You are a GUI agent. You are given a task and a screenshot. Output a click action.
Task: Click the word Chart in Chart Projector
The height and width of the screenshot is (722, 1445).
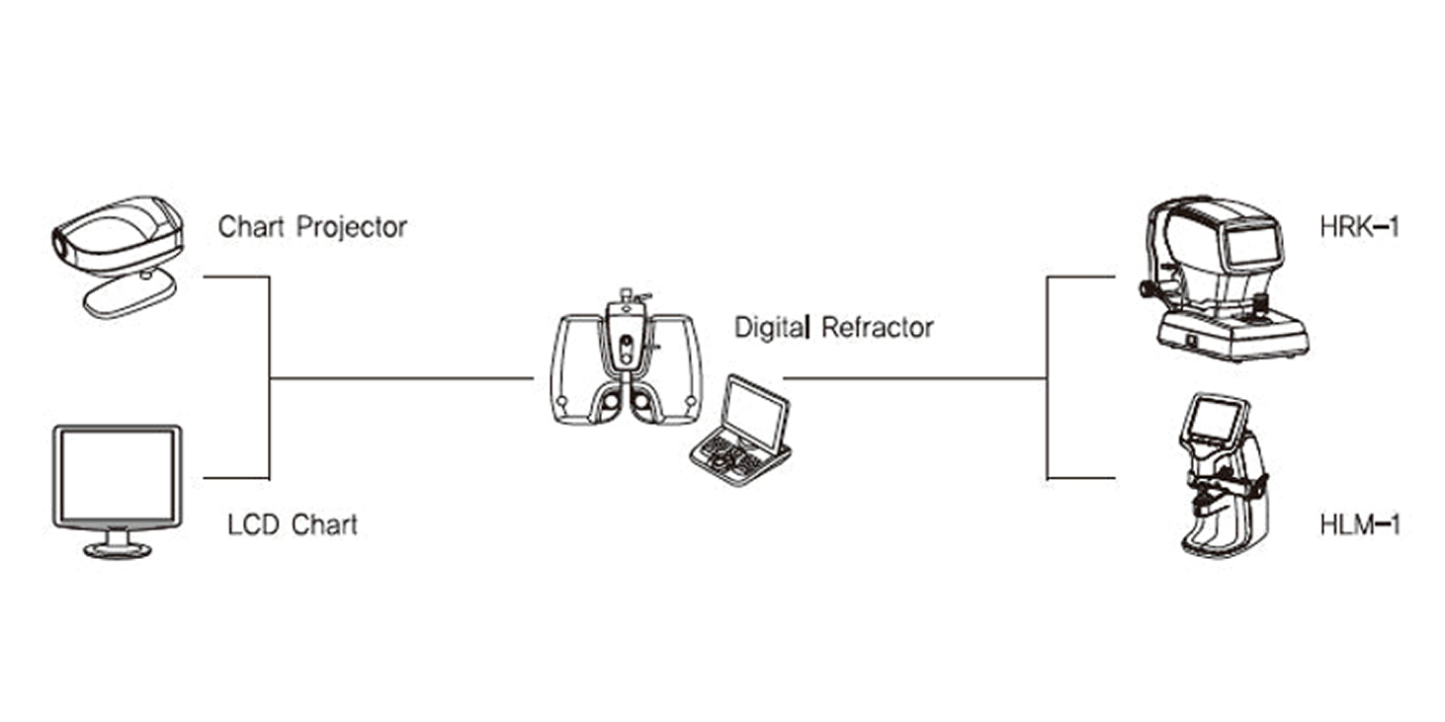251,227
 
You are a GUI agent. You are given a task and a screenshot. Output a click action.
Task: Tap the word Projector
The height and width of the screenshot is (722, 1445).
352,228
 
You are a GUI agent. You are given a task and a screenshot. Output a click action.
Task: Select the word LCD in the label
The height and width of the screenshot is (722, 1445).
253,524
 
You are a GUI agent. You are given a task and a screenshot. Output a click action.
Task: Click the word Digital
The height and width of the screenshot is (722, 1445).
771,328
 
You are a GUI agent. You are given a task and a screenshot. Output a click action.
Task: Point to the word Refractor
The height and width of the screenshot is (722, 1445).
878,328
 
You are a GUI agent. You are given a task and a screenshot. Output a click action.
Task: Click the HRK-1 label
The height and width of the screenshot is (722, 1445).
1360,227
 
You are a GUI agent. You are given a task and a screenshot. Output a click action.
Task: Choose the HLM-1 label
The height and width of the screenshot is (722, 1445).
1360,524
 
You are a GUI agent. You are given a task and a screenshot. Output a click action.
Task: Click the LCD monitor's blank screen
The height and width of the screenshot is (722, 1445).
118,475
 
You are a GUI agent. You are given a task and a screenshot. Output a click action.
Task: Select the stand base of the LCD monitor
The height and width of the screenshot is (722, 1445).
118,550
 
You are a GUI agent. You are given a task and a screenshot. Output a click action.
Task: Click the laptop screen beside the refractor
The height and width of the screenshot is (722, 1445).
754,412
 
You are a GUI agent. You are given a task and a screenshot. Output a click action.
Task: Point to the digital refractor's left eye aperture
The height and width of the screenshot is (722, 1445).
610,402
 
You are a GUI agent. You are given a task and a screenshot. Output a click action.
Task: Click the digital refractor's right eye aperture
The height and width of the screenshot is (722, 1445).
640,402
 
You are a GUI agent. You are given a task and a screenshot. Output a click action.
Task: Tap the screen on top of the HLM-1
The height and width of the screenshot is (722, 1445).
1212,419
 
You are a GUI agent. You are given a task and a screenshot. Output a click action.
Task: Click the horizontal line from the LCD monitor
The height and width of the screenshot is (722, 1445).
236,478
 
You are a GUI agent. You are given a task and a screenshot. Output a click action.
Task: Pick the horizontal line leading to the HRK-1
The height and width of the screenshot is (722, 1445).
1080,278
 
